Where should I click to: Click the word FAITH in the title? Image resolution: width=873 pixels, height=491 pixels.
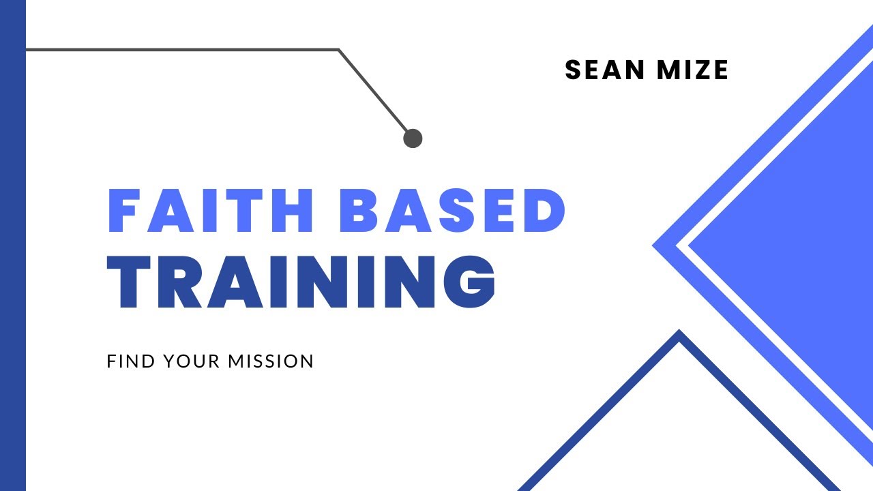pos(211,211)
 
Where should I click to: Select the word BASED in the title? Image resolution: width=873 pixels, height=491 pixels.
pos(452,211)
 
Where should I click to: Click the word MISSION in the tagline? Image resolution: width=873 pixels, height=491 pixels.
pos(271,361)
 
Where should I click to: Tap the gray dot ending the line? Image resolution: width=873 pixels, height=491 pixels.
pos(413,138)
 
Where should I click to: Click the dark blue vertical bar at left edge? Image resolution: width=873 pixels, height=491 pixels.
pos(12,245)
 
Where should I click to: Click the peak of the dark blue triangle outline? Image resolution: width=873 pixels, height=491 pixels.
pos(679,335)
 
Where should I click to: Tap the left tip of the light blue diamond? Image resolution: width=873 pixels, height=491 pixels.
pos(656,245)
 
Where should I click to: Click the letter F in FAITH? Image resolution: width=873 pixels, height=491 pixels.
pos(122,211)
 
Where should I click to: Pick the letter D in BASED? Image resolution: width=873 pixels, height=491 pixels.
pos(544,211)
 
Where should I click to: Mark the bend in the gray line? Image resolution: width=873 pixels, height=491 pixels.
pos(338,50)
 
